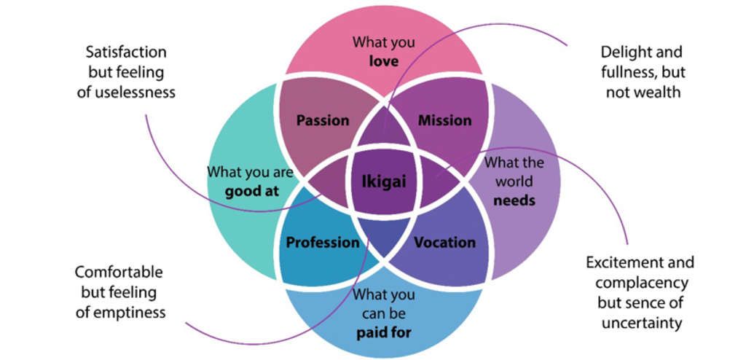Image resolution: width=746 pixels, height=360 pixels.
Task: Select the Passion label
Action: coord(323,120)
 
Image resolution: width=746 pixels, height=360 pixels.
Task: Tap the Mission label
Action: coord(444,120)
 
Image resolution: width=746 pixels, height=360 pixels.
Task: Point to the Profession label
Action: coord(323,242)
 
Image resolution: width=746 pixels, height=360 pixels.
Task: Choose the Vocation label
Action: coord(444,242)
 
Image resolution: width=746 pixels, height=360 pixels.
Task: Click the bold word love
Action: coord(384,61)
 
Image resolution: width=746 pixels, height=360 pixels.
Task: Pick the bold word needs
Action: coord(514,200)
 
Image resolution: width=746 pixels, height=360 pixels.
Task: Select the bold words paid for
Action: coord(384,333)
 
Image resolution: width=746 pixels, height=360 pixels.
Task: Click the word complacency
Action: coord(640,282)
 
